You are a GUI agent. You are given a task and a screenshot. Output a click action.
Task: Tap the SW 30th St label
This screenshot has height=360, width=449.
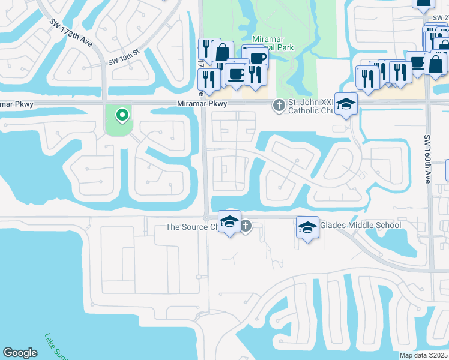[x=124, y=57]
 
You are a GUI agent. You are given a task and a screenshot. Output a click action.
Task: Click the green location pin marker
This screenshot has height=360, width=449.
[x=122, y=113]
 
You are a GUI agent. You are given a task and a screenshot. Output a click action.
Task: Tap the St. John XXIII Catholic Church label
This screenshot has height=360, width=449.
[x=310, y=106]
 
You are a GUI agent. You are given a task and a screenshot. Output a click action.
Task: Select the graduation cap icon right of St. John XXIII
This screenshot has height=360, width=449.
[x=346, y=104]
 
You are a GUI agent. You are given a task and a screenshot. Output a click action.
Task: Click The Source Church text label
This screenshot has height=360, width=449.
[x=194, y=227]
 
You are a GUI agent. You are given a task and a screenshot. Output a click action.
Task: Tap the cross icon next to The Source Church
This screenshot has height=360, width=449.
[x=246, y=226]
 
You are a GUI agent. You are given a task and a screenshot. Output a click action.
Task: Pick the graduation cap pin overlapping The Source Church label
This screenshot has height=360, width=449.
[x=229, y=221]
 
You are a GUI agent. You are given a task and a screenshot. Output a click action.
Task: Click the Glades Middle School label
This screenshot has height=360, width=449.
[x=361, y=225]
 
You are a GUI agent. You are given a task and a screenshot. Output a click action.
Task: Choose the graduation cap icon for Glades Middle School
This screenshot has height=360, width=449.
[x=307, y=227]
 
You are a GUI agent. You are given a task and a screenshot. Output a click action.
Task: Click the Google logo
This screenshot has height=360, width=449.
[x=20, y=353]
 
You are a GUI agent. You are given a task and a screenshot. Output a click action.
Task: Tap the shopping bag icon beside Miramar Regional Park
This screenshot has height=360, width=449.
[x=222, y=52]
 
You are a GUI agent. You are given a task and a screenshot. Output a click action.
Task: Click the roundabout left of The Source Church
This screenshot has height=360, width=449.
[x=206, y=217]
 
